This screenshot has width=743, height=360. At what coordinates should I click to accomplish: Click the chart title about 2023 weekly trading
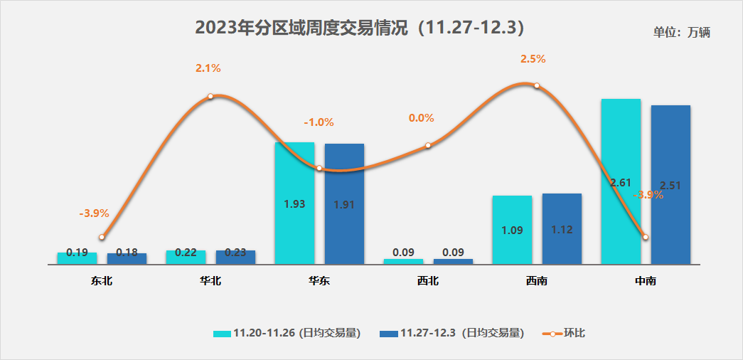(x=360, y=28)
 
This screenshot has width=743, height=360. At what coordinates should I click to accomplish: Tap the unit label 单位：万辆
(x=682, y=32)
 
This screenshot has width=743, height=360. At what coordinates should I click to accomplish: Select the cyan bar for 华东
(x=294, y=203)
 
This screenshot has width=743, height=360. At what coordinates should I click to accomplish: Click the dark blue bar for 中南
(x=670, y=185)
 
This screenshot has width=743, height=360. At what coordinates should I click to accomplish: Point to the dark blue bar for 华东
(x=344, y=203)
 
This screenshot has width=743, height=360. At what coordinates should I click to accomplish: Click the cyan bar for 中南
(x=621, y=181)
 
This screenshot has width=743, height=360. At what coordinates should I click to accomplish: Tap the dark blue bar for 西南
(x=562, y=228)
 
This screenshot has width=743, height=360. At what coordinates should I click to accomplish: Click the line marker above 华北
(x=210, y=96)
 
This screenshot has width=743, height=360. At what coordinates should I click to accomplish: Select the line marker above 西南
(x=537, y=86)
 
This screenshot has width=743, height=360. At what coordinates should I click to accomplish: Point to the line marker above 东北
(x=102, y=237)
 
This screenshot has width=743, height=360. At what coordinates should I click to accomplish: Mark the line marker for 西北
(x=428, y=145)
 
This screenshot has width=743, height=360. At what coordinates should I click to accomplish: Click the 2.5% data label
(x=533, y=59)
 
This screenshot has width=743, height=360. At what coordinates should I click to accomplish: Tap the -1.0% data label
(x=319, y=122)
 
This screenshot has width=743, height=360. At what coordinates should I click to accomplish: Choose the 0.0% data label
(x=421, y=118)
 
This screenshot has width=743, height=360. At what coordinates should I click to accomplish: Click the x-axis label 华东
(x=319, y=281)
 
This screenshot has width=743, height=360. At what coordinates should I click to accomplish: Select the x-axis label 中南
(x=646, y=281)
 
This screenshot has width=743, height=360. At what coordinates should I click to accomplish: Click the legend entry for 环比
(x=565, y=333)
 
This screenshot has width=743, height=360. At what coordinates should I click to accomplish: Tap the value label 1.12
(x=562, y=230)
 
